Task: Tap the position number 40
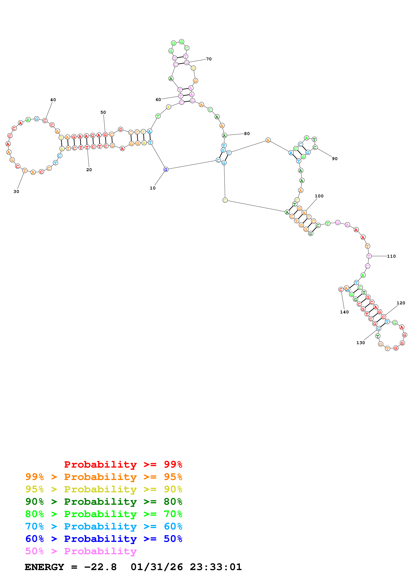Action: pos(53,100)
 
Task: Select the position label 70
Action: pos(209,59)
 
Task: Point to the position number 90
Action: pos(334,159)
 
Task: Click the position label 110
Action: pos(391,256)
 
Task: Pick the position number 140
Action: pos(344,312)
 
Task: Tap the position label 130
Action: pos(360,343)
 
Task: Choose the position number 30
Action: pos(16,191)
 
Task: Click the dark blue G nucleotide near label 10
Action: pos(166,170)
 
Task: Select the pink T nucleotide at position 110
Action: pos(369,256)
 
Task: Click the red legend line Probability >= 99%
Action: pos(123,464)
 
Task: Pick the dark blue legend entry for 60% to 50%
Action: pos(104,539)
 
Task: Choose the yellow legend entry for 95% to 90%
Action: pos(104,489)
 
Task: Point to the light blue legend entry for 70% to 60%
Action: pos(104,526)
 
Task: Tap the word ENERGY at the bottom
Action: pos(44,567)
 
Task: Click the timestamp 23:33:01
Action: pos(216,567)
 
